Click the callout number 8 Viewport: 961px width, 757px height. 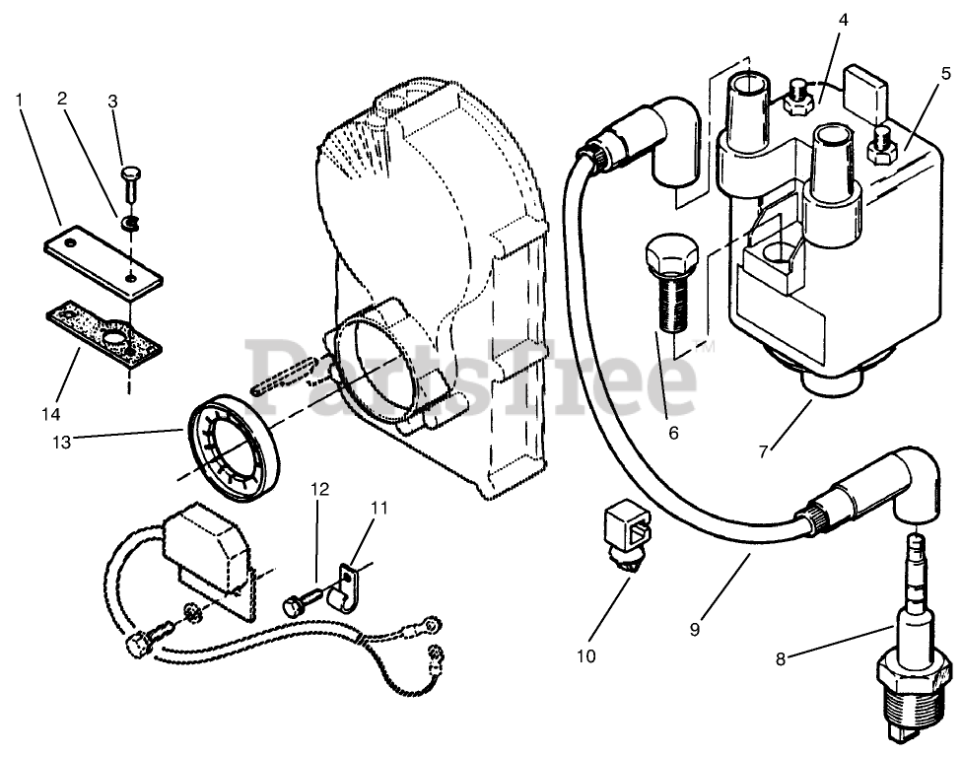pos(781,659)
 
